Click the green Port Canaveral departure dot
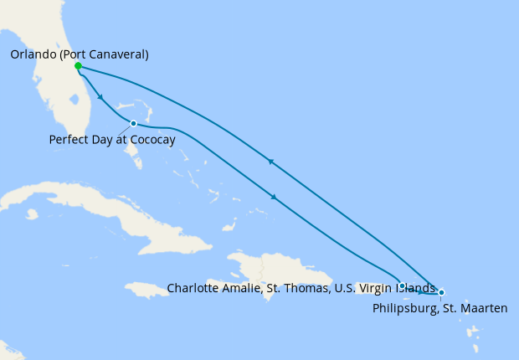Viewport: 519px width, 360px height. (77, 66)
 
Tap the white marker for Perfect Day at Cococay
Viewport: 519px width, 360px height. (134, 124)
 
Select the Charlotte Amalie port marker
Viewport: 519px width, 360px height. (403, 285)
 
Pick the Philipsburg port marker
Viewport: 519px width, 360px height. (441, 292)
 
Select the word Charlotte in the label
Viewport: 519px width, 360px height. (193, 288)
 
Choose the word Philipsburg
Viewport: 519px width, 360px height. (403, 308)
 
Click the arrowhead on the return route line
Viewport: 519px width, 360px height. (271, 162)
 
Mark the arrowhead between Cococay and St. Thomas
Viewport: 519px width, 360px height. (275, 197)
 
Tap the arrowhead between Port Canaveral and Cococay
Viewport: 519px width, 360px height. (100, 98)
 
